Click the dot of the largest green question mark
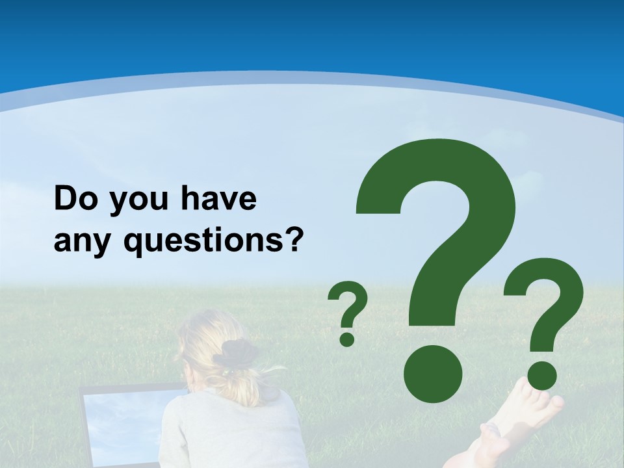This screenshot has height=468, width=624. pos(432,374)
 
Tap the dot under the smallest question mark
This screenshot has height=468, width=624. pos(347,339)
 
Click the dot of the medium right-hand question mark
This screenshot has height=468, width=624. pos(541,376)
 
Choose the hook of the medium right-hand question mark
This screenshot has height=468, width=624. pos(546,292)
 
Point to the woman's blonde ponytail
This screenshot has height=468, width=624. pos(244,383)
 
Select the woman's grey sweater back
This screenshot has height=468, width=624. pos(227,435)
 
